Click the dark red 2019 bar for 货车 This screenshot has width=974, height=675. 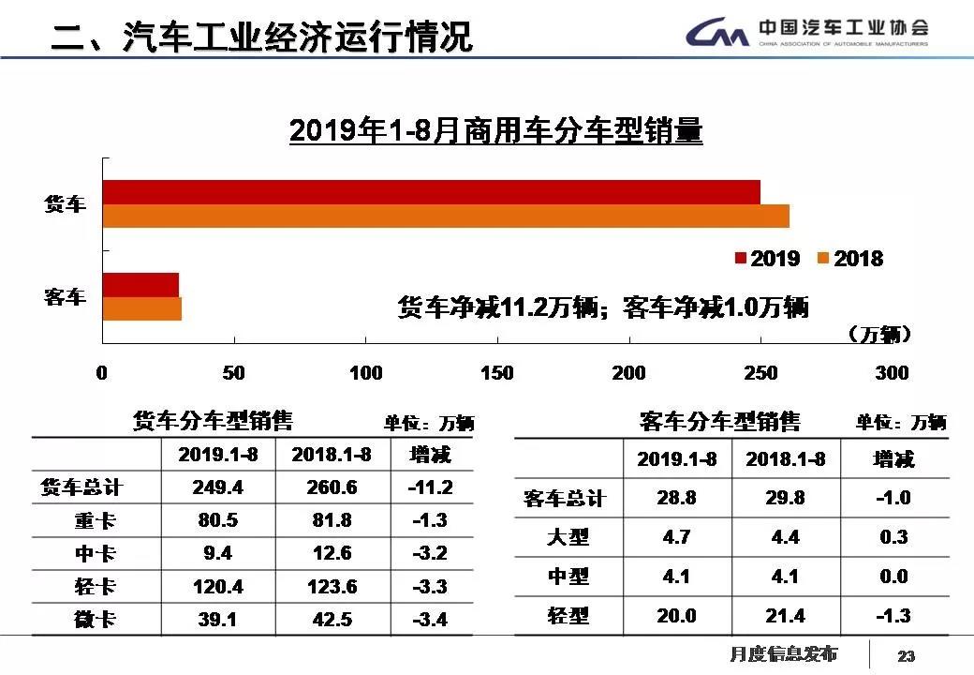point(431,192)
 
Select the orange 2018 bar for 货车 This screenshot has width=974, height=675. point(446,217)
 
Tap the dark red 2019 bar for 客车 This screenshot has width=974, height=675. point(140,285)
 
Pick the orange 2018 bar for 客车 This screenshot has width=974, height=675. point(141,309)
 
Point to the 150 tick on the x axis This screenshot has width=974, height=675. point(496,373)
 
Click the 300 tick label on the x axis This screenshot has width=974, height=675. point(891,373)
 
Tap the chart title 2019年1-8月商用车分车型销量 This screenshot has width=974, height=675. point(495,130)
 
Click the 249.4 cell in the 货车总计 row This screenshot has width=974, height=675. point(218,487)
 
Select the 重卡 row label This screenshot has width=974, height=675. point(96,520)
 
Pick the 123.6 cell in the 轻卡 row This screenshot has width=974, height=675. point(332,587)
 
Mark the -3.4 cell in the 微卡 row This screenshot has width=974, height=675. point(430,620)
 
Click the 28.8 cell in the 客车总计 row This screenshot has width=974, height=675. point(677,498)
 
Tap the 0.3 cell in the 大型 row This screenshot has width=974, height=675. point(893,537)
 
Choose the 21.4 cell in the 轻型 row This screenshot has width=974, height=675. point(785,615)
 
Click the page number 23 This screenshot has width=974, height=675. point(906,655)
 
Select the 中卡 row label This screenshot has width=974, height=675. point(96,553)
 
